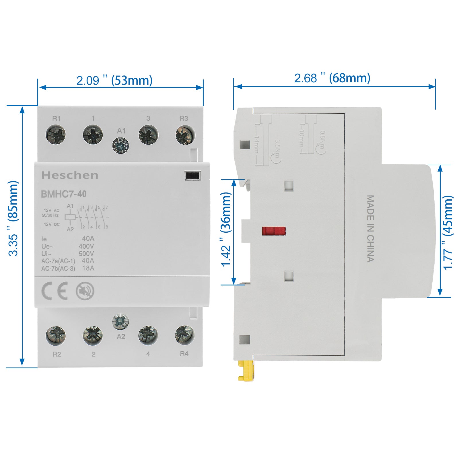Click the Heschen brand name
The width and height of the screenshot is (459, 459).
pos(70,175)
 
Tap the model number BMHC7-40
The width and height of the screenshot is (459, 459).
pos(64,194)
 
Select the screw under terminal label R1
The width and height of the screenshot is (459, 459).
pos(56,135)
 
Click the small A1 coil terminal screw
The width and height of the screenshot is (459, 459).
pos(120,145)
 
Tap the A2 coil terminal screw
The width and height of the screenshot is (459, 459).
pos(120,322)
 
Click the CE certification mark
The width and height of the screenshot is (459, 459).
pos(55,291)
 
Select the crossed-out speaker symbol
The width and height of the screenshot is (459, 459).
pos(85,291)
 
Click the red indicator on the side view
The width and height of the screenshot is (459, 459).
pos(274,231)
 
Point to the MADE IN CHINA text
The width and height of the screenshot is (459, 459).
pos(370,229)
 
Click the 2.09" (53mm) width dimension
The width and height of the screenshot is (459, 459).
pos(114,80)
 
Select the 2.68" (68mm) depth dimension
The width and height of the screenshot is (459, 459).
pos(332,78)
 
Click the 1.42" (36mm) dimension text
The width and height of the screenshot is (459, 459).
pos(226,229)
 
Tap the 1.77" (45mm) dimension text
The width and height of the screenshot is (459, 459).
pos(448,232)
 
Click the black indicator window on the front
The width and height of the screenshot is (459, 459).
pos(192,176)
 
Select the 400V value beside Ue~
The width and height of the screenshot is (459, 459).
pos(86,246)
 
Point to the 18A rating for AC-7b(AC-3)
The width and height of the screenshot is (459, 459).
pos(88,268)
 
